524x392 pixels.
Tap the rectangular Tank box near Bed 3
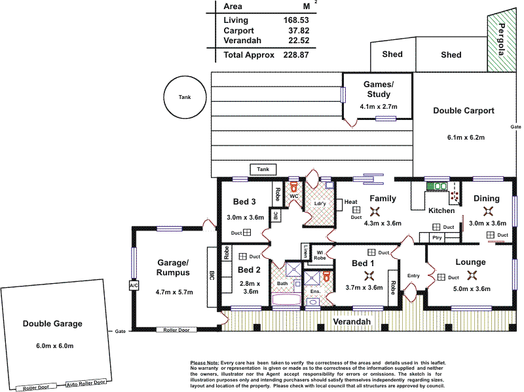[263, 169]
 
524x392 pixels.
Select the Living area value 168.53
[296, 20]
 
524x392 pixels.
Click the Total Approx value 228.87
[296, 55]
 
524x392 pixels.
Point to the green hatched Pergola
[502, 40]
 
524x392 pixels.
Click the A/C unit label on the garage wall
[134, 285]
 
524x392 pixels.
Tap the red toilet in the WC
[293, 187]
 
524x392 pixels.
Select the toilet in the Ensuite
[326, 276]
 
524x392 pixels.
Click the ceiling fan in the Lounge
[472, 275]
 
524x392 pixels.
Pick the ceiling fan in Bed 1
[369, 275]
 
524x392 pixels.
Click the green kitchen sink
[436, 186]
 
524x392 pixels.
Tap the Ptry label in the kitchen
[437, 237]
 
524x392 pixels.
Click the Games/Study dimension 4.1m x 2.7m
[379, 107]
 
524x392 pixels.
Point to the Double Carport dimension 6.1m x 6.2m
[466, 137]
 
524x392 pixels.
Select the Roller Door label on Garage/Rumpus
[176, 330]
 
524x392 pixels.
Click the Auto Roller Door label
[86, 383]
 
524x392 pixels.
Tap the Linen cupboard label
[305, 251]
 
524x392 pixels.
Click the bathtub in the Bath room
[286, 299]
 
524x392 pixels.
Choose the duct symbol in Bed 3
[247, 232]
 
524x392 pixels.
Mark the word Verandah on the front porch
[352, 321]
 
